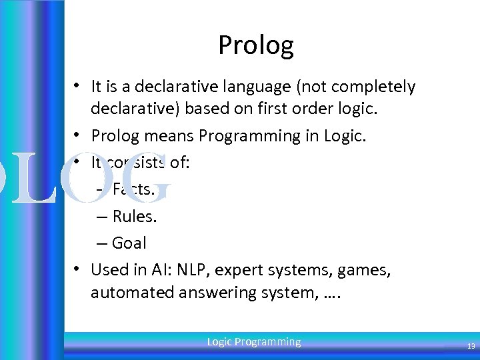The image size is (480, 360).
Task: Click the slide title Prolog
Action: click(255, 45)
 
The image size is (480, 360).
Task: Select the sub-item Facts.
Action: click(133, 189)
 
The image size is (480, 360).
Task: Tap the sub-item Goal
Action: click(129, 243)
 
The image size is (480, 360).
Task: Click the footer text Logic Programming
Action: click(253, 342)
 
